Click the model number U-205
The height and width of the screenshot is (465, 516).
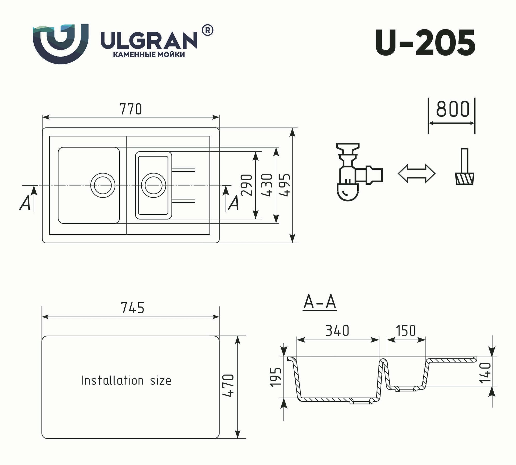click(425, 42)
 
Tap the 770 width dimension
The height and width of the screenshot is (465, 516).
click(131, 109)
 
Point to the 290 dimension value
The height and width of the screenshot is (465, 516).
click(246, 185)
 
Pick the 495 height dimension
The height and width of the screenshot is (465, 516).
click(285, 185)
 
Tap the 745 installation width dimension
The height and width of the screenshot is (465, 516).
click(133, 308)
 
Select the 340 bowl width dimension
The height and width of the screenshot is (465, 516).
click(337, 331)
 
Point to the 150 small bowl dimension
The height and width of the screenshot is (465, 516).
click(406, 331)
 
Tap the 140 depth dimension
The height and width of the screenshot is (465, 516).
click(485, 372)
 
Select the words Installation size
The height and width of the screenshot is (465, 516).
click(126, 381)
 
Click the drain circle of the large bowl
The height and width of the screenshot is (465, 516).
click(103, 185)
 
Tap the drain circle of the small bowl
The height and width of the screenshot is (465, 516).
click(153, 185)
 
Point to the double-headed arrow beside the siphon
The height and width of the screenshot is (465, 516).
click(416, 174)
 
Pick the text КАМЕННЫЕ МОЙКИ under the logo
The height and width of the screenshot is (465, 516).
click(149, 55)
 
